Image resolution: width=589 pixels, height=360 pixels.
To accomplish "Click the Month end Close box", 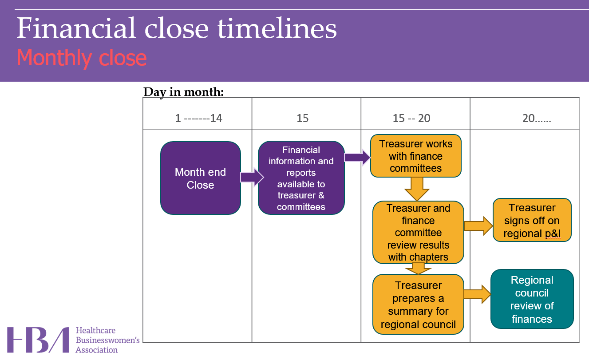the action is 200,178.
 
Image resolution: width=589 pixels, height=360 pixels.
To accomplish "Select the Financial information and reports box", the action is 301,178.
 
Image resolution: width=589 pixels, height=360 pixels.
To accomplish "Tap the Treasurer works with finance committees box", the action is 416,156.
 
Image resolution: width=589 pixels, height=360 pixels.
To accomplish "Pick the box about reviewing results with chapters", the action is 418,233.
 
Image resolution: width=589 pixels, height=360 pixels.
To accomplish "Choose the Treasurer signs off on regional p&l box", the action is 532,220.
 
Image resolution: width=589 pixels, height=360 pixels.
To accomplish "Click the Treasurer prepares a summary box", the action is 418,305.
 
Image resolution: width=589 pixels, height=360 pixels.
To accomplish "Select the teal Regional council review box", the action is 532,299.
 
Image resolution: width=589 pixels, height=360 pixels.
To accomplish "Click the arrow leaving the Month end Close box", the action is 252,177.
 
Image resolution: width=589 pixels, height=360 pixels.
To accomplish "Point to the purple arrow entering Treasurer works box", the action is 357,158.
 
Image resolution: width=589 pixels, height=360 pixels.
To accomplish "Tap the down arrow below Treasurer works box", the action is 417,189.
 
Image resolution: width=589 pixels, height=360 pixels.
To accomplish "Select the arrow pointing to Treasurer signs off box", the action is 478,225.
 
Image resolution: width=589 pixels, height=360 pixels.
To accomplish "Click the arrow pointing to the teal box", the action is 477,294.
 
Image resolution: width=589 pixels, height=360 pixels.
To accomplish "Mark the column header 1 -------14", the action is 198,119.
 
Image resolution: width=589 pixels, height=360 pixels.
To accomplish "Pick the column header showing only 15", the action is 302,119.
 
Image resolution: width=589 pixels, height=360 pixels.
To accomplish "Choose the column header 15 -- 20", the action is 411,119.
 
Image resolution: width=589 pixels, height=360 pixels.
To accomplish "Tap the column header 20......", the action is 537,119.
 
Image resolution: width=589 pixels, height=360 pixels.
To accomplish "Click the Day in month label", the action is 184,92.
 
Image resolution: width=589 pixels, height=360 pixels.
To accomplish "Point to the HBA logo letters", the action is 38,340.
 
